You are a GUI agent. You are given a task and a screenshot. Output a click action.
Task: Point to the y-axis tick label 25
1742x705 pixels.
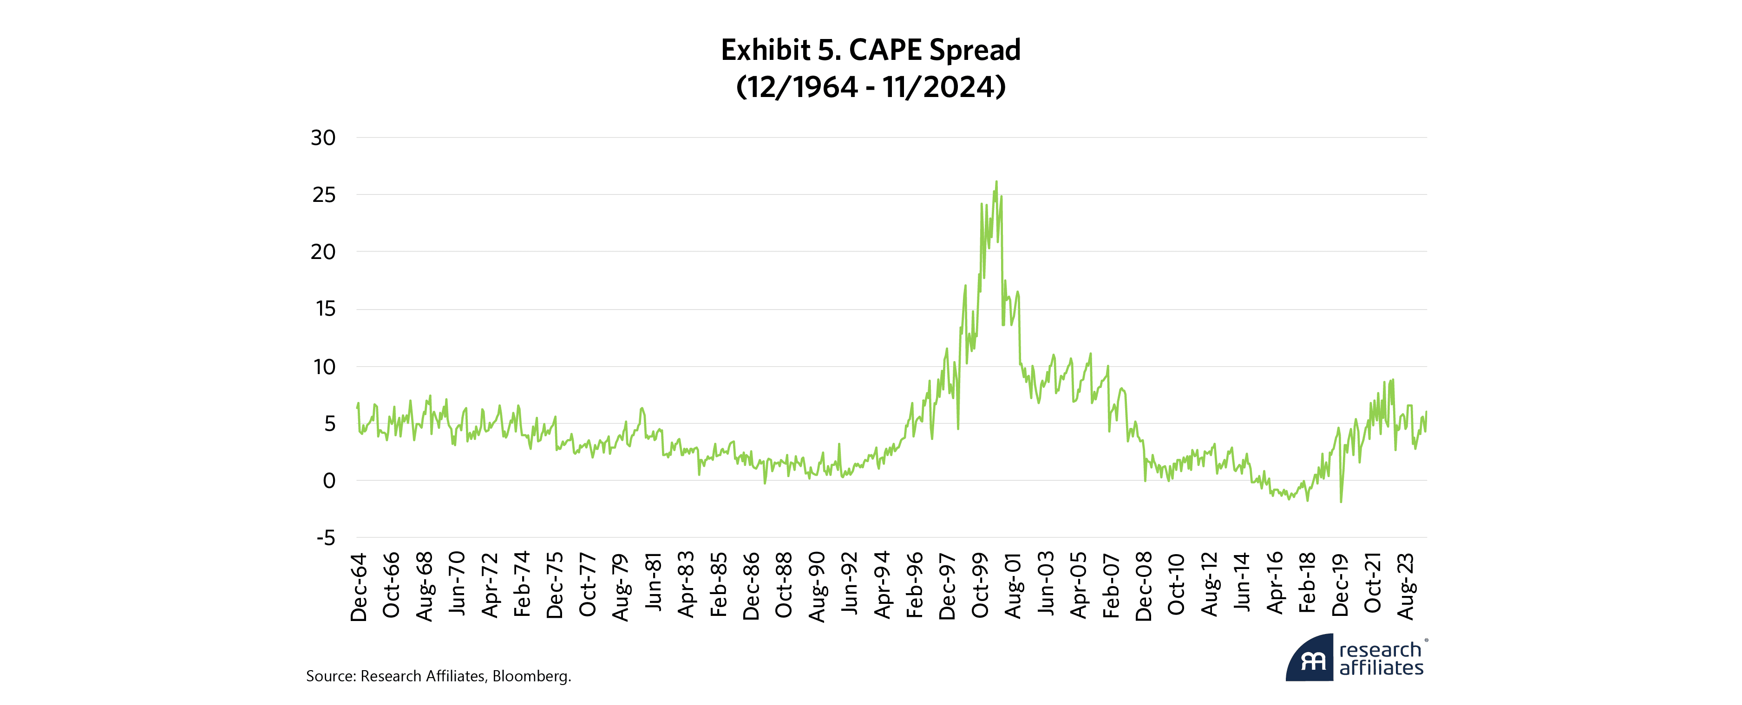(x=323, y=195)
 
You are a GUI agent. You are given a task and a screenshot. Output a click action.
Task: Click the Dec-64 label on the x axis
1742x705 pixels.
(x=359, y=587)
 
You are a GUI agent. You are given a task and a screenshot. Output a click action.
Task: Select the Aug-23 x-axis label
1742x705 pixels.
(x=1405, y=586)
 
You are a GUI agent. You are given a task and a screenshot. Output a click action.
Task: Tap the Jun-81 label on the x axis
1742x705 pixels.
(x=653, y=582)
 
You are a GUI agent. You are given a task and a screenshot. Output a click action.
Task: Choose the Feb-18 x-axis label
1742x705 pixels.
(x=1307, y=582)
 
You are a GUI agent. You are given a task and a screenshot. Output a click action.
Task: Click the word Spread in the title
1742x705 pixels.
(x=975, y=50)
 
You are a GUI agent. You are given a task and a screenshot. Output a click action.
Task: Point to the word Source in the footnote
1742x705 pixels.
(x=329, y=676)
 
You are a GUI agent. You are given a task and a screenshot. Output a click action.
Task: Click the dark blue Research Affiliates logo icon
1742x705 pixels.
(x=1310, y=659)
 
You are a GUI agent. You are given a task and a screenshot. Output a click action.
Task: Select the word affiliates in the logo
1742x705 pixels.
(x=1381, y=668)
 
